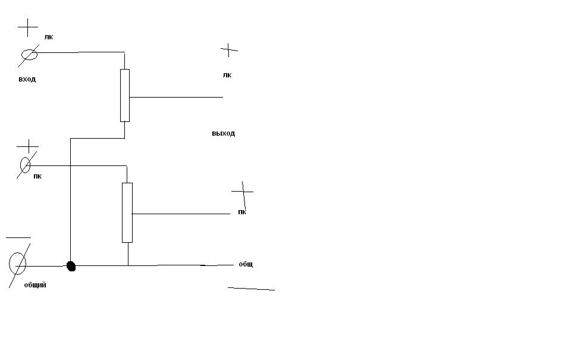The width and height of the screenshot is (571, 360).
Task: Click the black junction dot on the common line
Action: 71,267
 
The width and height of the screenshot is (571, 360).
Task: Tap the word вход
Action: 27,79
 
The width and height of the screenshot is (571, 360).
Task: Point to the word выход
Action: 223,133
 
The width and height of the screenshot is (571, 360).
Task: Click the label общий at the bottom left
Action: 35,285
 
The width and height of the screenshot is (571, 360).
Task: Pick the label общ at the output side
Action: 246,264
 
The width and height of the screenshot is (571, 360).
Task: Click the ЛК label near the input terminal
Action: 49,37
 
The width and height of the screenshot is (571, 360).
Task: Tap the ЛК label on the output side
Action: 227,76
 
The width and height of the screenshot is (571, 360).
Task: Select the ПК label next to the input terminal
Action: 37,176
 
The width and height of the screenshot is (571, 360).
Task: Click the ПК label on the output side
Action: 242,212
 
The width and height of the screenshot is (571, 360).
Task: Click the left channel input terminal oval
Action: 30,55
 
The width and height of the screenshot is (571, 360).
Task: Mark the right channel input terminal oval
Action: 25,165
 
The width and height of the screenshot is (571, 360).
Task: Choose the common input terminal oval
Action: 17,264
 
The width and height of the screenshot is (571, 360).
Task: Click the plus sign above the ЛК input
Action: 28,27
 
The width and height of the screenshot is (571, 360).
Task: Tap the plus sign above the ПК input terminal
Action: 28,146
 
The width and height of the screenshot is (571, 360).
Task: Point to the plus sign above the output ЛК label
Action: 228,50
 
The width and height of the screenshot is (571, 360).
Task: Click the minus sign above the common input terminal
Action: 18,237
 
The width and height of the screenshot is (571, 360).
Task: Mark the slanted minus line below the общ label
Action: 251,289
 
